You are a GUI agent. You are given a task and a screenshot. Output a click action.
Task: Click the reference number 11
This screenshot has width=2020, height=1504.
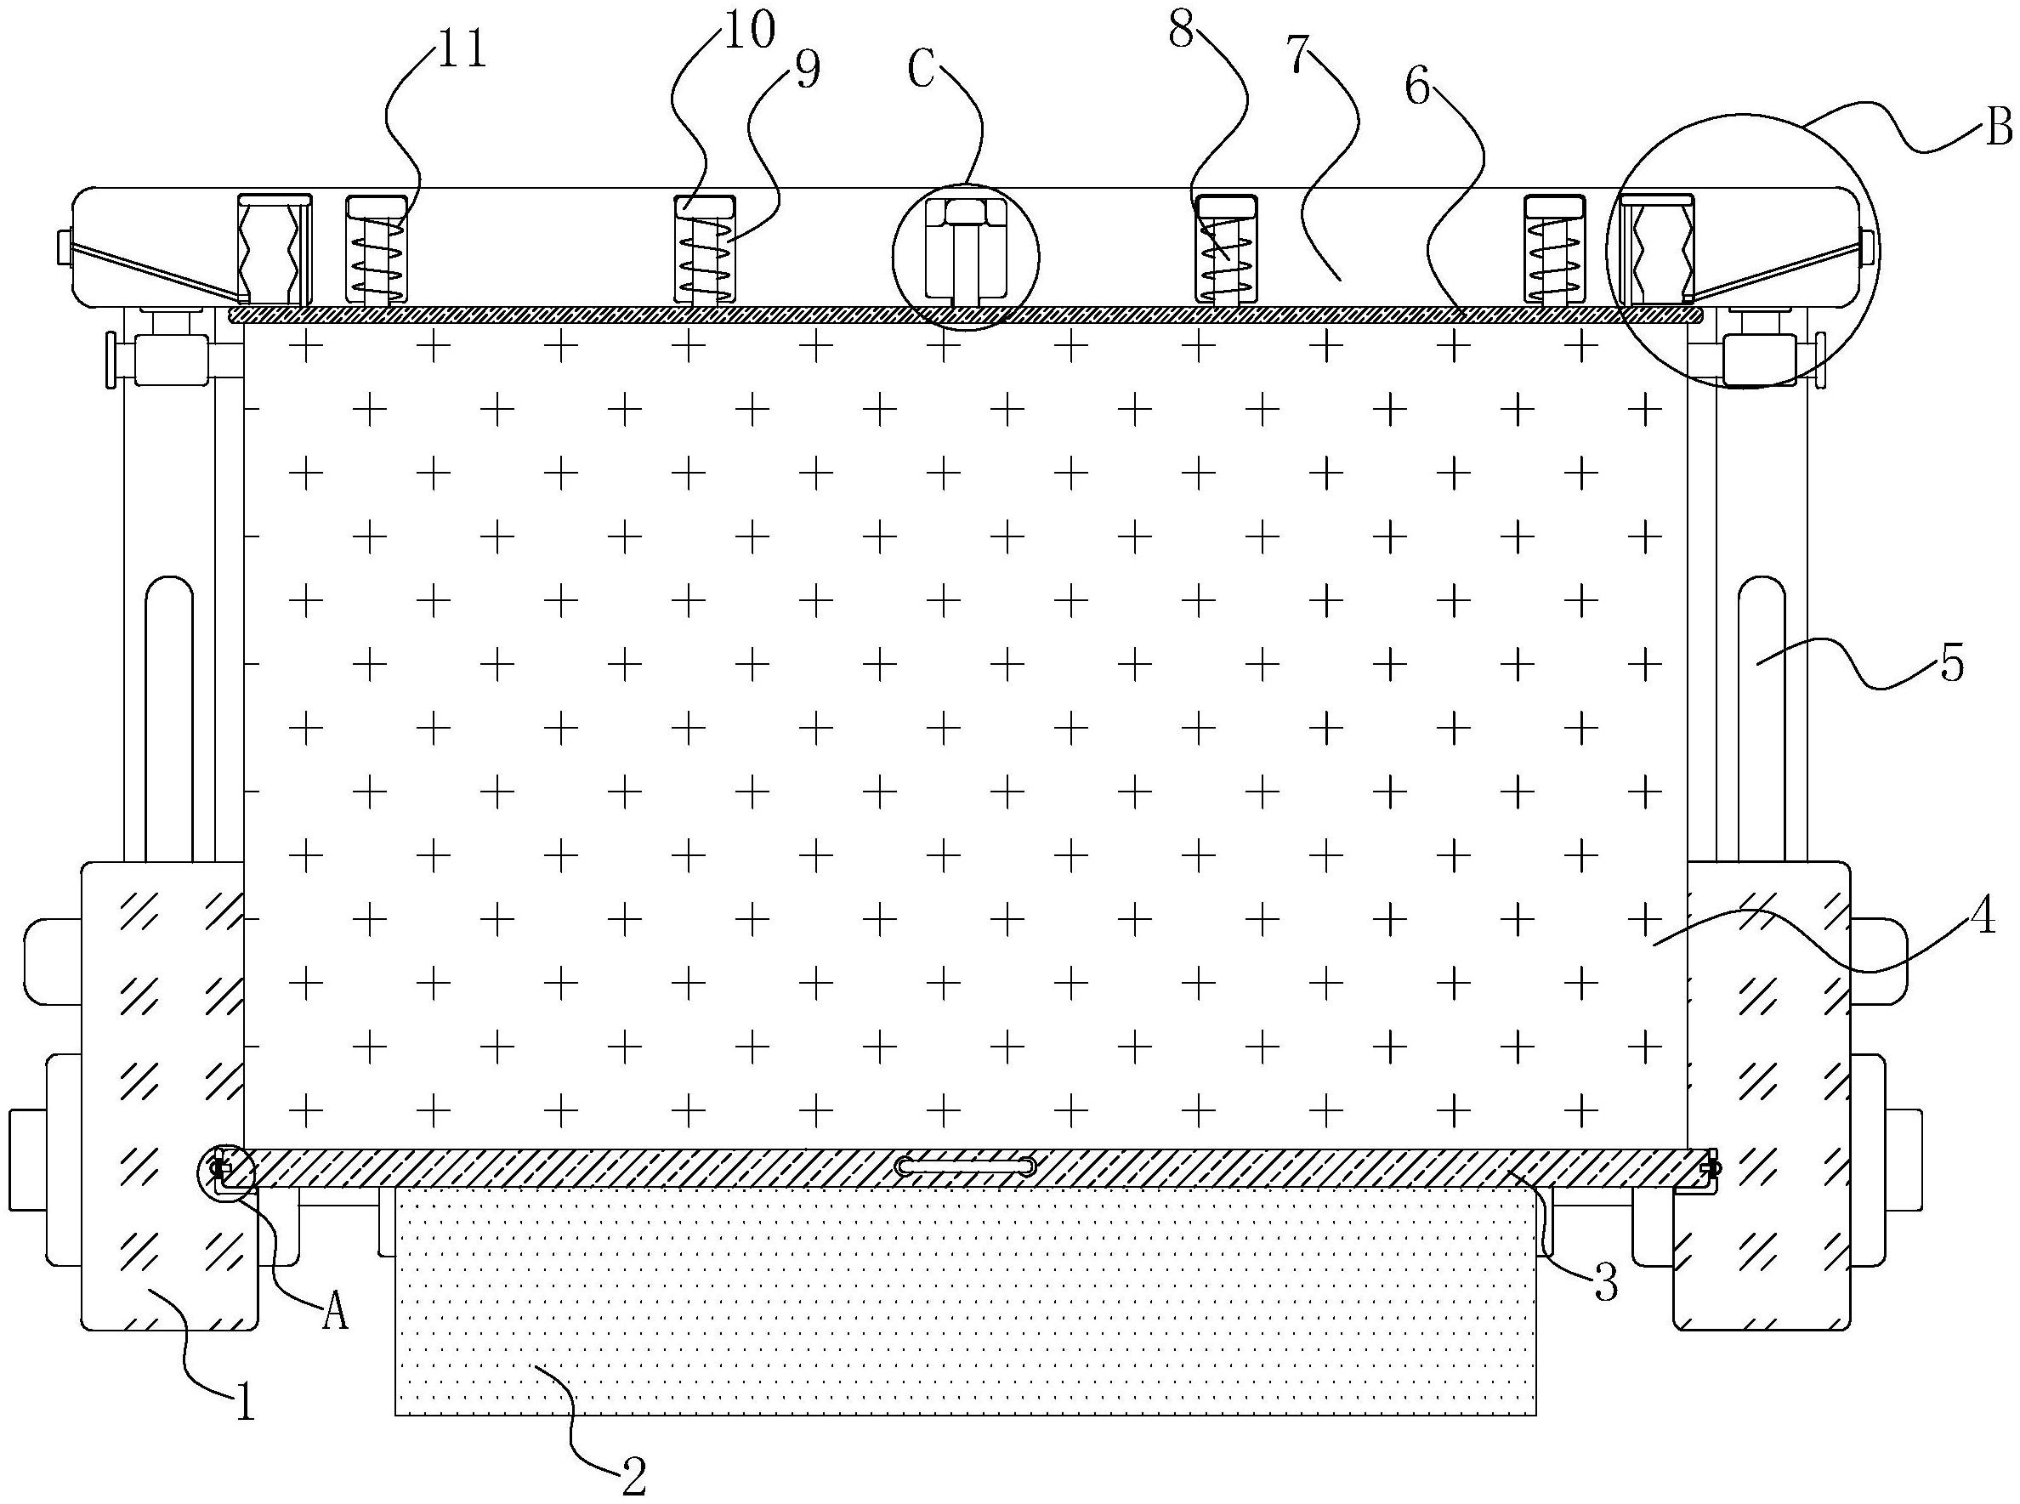(x=462, y=51)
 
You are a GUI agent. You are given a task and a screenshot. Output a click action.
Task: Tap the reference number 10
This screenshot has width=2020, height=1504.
(x=749, y=29)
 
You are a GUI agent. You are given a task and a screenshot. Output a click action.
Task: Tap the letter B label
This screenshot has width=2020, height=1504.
(x=1998, y=128)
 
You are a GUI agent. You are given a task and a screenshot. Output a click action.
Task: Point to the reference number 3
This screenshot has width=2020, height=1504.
(x=1605, y=1284)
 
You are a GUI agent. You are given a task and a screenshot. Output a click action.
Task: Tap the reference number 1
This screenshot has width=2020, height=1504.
(x=244, y=1402)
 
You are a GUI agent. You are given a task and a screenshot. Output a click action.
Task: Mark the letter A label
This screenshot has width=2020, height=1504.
(x=336, y=1312)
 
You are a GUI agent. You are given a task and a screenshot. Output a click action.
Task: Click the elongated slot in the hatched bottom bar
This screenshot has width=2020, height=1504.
(x=966, y=1166)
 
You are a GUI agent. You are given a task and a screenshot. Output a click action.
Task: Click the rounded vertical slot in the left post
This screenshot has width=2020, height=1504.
(x=168, y=719)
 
